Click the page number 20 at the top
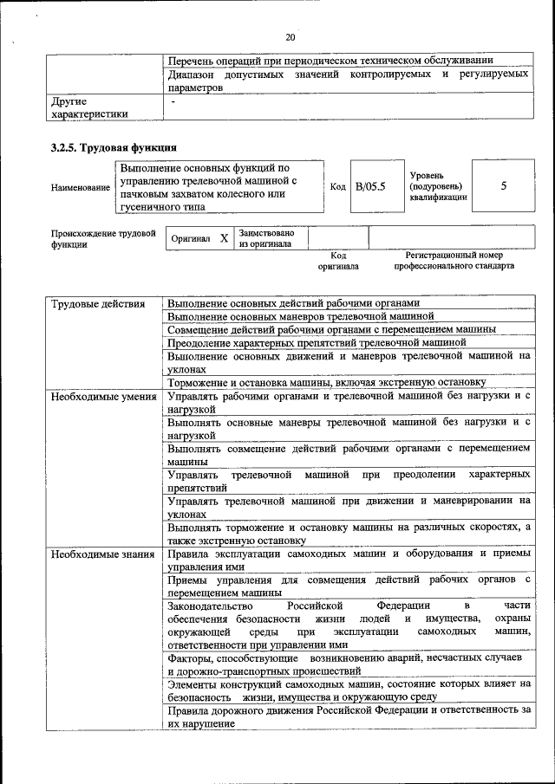pyautogui.click(x=290, y=37)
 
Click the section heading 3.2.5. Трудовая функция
pyautogui.click(x=114, y=146)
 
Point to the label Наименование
pyautogui.click(x=81, y=187)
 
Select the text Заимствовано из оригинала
pyautogui.click(x=267, y=238)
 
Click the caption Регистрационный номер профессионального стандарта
pyautogui.click(x=454, y=261)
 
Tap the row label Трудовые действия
pyautogui.click(x=91, y=304)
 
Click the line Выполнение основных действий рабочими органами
pyautogui.click(x=293, y=304)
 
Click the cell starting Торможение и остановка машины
pyautogui.click(x=326, y=382)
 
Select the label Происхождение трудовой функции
pyautogui.click(x=102, y=238)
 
